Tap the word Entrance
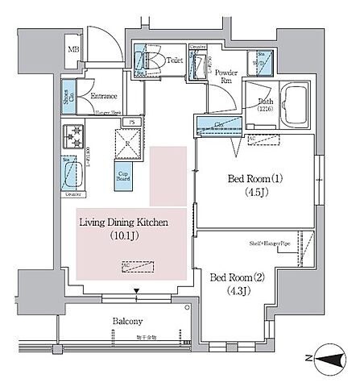point(104,96)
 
